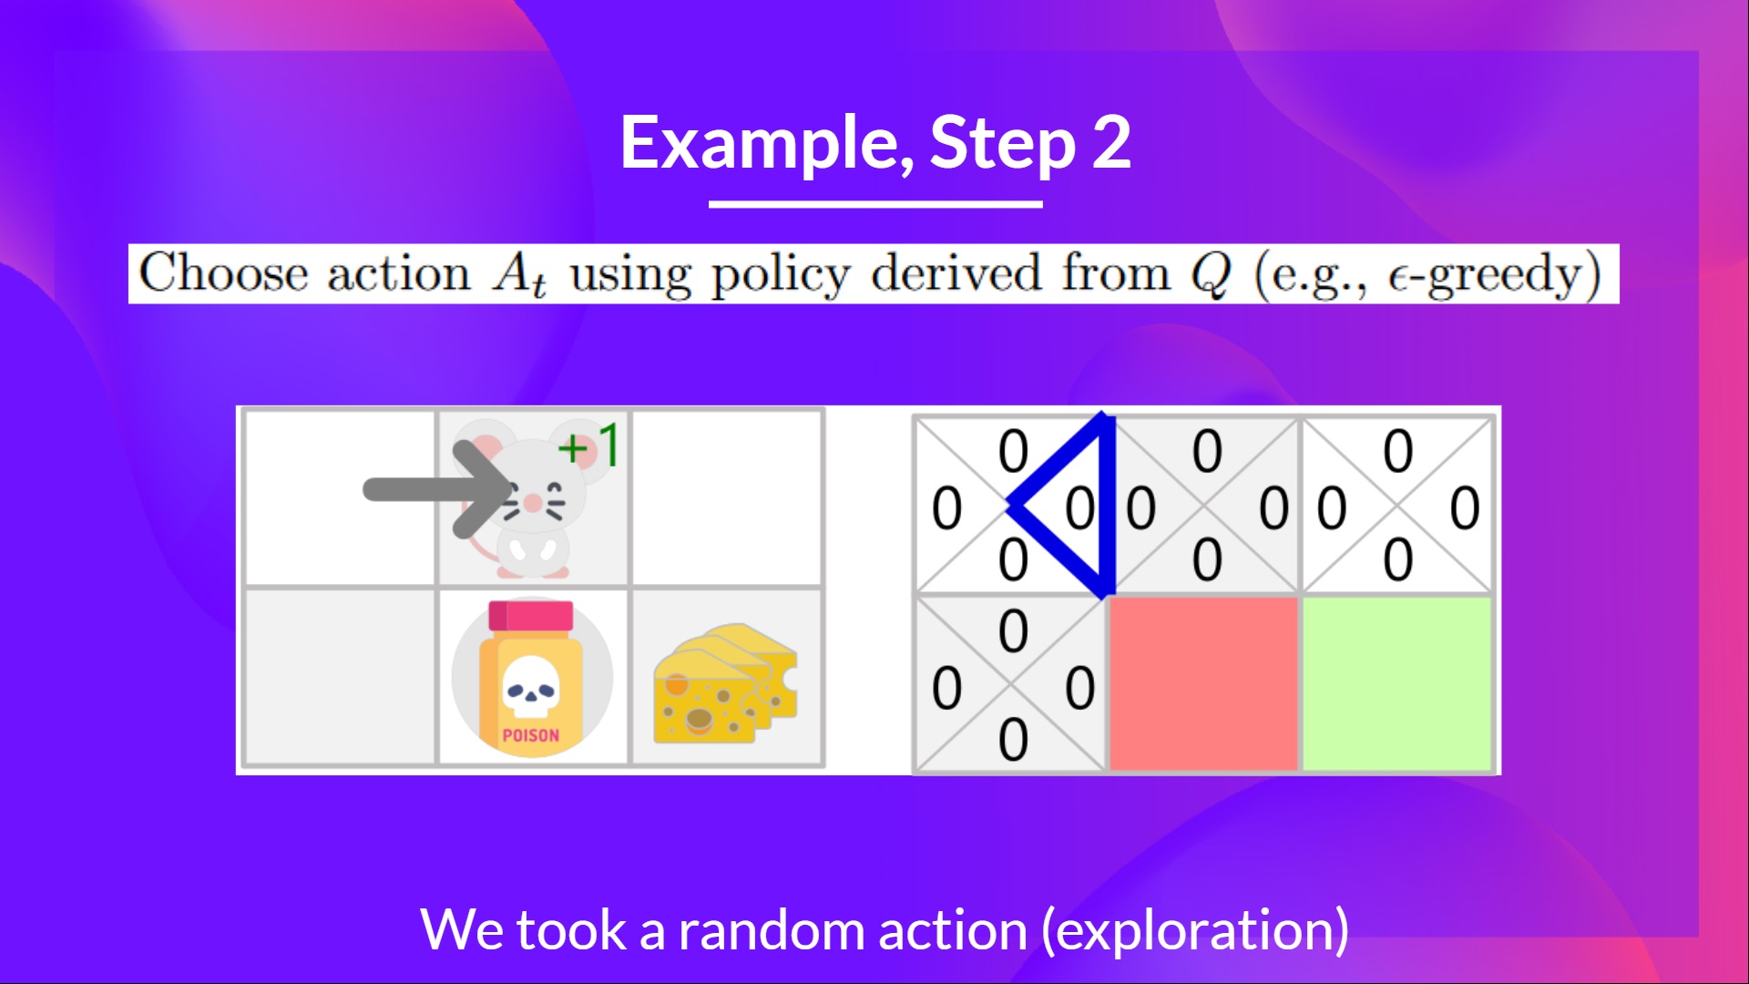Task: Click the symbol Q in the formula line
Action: (1211, 273)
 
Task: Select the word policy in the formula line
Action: (781, 274)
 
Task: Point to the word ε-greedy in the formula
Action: (1494, 274)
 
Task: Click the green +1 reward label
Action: (588, 446)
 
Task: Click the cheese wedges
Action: (725, 682)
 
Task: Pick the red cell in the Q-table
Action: (1203, 683)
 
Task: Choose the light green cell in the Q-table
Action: (1396, 683)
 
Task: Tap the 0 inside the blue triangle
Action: (1080, 507)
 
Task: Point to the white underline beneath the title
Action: (875, 204)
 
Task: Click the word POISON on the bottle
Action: (530, 735)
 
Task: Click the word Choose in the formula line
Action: (224, 273)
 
